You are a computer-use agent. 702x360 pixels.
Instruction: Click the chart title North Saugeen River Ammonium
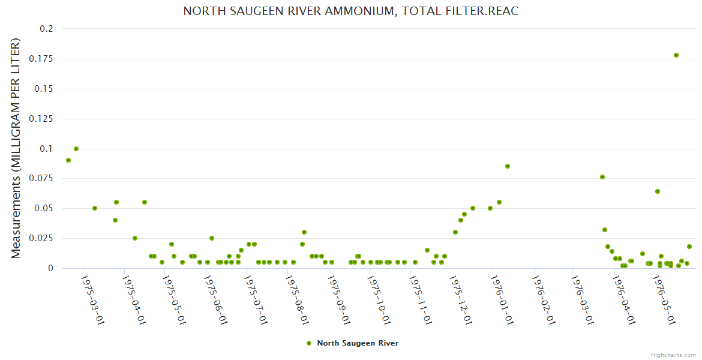click(x=350, y=11)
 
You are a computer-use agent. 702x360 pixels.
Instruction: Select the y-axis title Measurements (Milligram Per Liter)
click(x=16, y=148)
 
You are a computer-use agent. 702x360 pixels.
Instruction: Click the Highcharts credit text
click(x=673, y=355)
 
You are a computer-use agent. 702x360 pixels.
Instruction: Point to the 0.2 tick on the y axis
click(x=47, y=29)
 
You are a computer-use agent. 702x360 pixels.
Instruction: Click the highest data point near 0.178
click(x=676, y=55)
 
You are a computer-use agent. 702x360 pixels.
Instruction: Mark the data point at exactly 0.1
click(x=76, y=149)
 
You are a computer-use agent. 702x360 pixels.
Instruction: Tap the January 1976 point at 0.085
click(x=508, y=166)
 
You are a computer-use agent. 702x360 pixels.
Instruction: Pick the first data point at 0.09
click(x=68, y=160)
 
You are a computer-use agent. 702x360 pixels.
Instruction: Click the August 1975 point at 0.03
click(x=304, y=232)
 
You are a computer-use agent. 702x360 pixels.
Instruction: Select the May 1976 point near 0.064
click(x=658, y=191)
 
